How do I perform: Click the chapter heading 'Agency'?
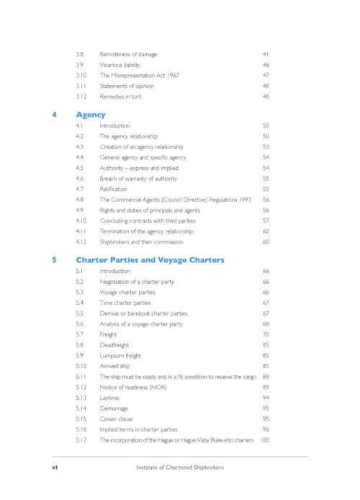tap(91, 115)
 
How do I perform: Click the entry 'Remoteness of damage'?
tap(128, 55)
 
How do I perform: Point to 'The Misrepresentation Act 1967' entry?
tap(140, 76)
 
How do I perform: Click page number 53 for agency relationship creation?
tap(266, 147)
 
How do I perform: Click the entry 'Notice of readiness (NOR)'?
tap(134, 387)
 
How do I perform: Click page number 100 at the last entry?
tap(264, 439)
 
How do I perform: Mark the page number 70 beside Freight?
tap(266, 334)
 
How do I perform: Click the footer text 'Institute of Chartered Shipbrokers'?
tap(180, 467)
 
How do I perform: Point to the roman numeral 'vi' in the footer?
tap(55, 467)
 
